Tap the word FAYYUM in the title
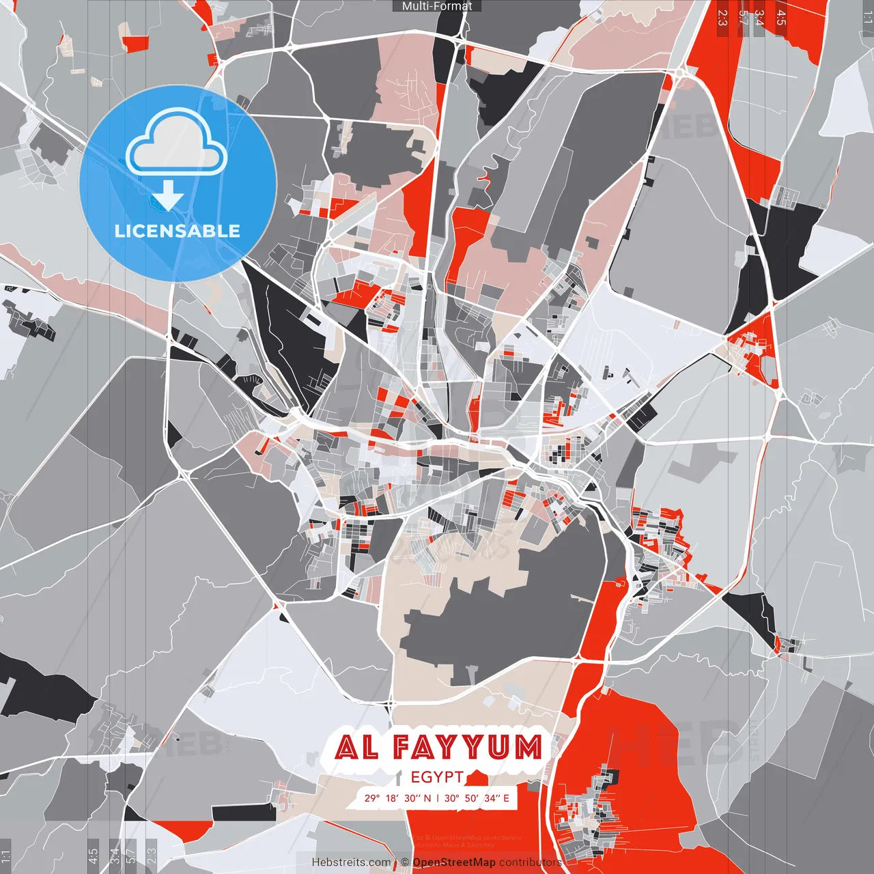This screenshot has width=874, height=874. (468, 748)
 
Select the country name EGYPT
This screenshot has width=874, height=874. (437, 777)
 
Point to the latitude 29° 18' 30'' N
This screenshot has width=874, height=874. (397, 798)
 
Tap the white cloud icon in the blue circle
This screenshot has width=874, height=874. (177, 144)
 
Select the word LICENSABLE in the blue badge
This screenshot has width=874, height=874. (178, 231)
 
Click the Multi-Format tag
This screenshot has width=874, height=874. (437, 6)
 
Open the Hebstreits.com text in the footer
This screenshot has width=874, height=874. (352, 862)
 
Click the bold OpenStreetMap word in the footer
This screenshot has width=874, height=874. (453, 862)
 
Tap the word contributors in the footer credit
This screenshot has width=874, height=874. (530, 862)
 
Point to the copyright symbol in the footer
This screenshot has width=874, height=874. (404, 862)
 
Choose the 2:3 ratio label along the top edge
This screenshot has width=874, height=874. (722, 18)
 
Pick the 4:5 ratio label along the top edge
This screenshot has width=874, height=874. (781, 18)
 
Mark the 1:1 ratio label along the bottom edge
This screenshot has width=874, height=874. (5, 856)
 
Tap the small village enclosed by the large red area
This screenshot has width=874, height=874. (587, 813)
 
